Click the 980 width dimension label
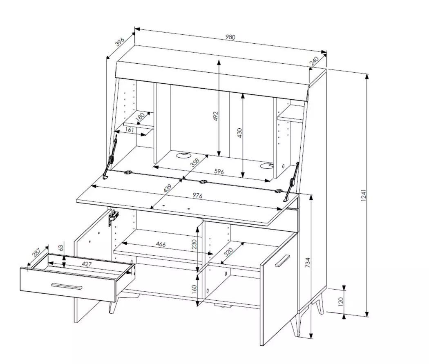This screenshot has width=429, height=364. pos(230,37)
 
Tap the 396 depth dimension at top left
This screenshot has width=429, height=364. pos(120,41)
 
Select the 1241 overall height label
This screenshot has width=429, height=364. pos(363,195)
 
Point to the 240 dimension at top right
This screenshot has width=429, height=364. pos(314,61)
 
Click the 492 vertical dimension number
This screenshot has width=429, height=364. pos(216,116)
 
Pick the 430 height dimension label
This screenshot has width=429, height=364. pos(239,133)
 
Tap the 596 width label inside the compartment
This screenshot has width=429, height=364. pos(219,172)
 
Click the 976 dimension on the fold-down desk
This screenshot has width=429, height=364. pos(197,195)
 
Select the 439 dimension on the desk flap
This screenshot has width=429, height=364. pos(167,188)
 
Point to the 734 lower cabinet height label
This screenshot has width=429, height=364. pos(308,263)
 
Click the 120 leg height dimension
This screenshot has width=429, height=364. pos(341,302)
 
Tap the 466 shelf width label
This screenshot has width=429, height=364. pos(161,244)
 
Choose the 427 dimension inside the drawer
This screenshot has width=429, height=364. pos(87,264)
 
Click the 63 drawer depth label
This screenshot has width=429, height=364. pos(61,248)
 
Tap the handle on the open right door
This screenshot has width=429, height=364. pos(282,260)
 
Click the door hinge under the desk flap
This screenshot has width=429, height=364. pos(113,217)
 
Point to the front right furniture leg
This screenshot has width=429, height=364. pos(295,326)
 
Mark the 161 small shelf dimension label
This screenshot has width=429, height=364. pos(130,129)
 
